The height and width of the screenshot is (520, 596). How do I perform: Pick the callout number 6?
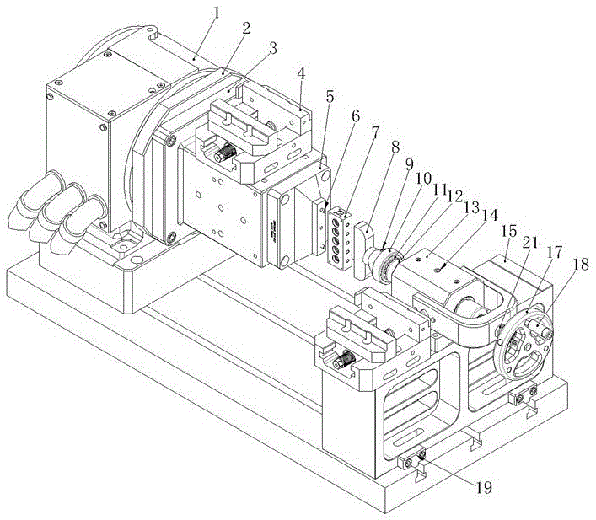tap(356, 115)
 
